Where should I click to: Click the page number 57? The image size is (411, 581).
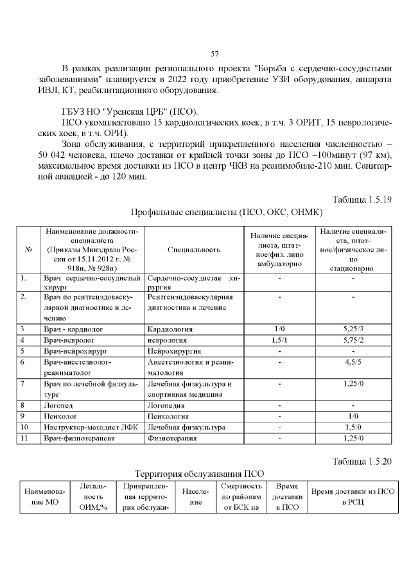[x=215, y=53]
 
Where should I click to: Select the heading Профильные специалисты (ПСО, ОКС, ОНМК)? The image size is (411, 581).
[x=226, y=212]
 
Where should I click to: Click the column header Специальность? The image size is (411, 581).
[x=193, y=250]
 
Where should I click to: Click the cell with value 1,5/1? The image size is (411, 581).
[x=279, y=340]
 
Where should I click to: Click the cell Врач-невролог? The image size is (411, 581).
[x=69, y=340]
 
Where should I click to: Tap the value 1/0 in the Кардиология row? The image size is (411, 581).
[x=279, y=329]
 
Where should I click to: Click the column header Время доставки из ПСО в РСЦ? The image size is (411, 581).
[x=353, y=496]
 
